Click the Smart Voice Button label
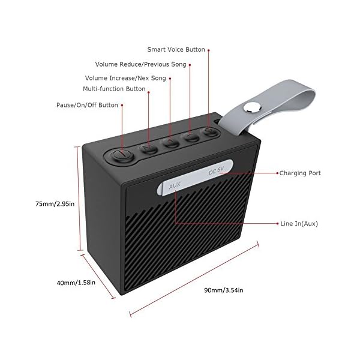(x=177, y=50)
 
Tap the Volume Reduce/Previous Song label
(x=142, y=64)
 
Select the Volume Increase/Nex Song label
(x=125, y=77)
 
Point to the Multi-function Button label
(x=114, y=89)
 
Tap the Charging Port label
(x=299, y=173)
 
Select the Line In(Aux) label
(x=298, y=223)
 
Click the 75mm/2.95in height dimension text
(x=55, y=203)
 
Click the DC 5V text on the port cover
(x=216, y=172)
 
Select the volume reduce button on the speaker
(x=191, y=137)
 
